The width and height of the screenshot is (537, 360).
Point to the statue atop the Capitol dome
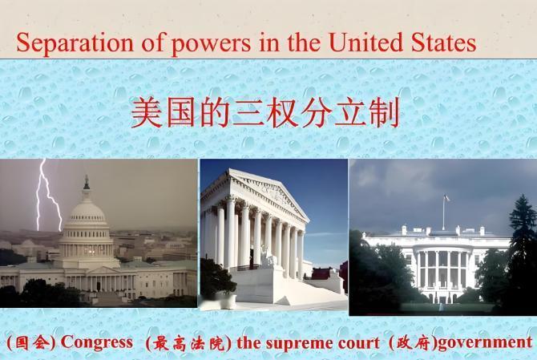(x=86, y=182)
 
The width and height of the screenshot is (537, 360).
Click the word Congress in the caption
(x=97, y=342)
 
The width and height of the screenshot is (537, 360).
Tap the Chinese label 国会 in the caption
(x=30, y=342)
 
